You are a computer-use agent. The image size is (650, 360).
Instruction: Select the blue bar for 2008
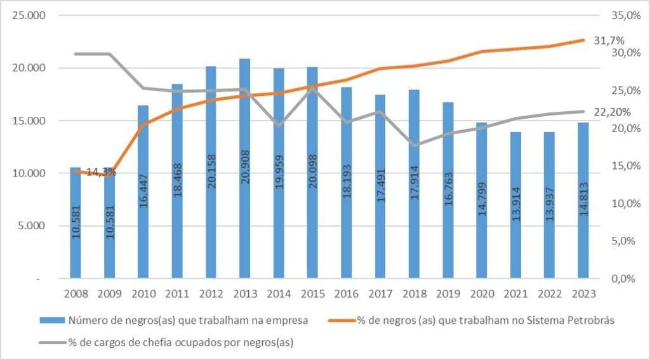(76, 222)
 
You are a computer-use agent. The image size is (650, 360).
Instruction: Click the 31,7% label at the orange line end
(609, 40)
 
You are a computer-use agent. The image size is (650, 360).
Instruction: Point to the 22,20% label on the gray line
(612, 112)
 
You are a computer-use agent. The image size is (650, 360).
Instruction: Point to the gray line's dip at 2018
(414, 145)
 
